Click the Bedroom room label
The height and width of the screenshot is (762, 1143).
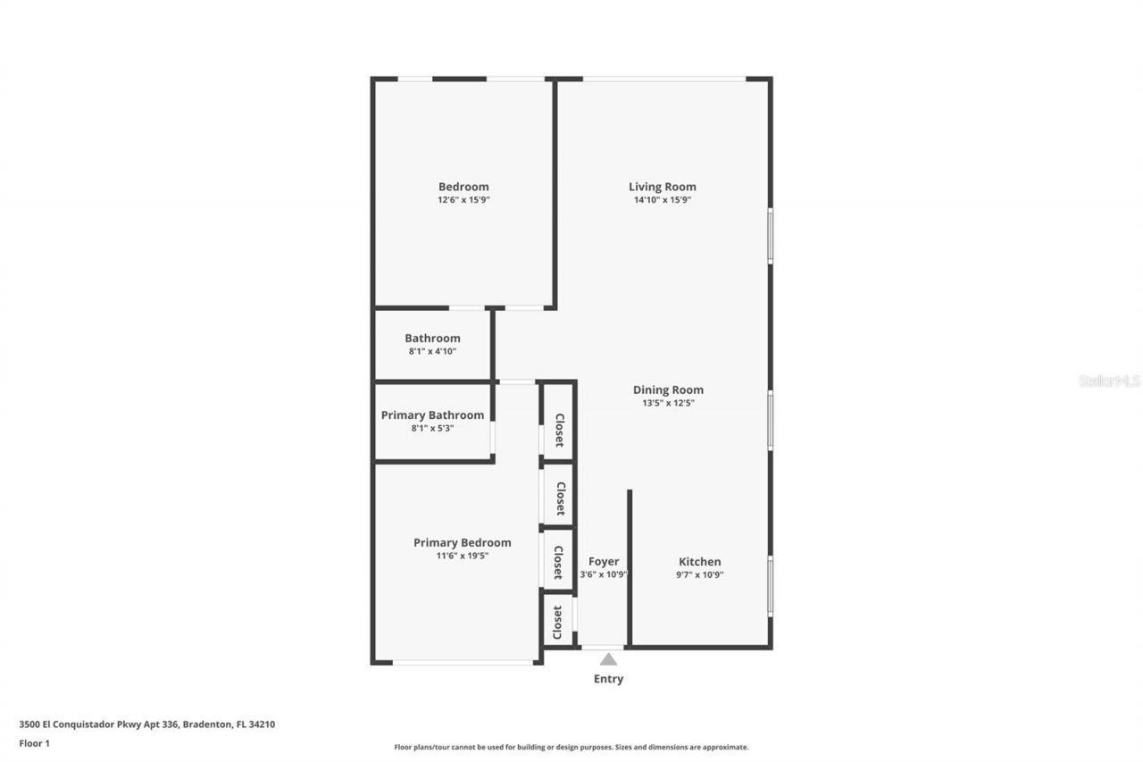tap(463, 187)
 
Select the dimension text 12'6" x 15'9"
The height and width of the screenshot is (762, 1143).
tap(463, 200)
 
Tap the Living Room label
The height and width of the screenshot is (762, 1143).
tap(662, 187)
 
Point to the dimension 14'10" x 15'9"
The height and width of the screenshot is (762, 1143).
tap(663, 200)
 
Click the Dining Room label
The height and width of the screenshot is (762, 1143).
tap(668, 389)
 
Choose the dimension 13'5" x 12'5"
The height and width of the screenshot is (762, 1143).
tap(668, 403)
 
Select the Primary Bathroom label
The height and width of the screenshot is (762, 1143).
tap(432, 414)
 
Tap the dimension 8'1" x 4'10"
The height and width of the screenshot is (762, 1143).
tap(432, 351)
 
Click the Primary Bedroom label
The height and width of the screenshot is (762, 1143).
tap(462, 542)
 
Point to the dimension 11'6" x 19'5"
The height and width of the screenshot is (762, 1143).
tap(462, 556)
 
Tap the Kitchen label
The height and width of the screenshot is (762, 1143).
tap(699, 562)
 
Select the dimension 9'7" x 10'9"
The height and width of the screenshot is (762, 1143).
tap(699, 575)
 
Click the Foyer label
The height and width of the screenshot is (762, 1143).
tap(604, 562)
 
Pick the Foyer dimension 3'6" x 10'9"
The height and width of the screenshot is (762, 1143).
tap(604, 575)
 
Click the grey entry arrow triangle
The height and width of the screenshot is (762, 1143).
tap(608, 659)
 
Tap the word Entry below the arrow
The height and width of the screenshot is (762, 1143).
tap(608, 679)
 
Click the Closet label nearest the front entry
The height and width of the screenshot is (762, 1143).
tap(558, 622)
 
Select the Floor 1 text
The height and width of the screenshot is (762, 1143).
tap(34, 742)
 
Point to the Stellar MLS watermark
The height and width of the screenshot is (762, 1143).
tap(1109, 381)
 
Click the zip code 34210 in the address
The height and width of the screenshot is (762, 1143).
tap(262, 724)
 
